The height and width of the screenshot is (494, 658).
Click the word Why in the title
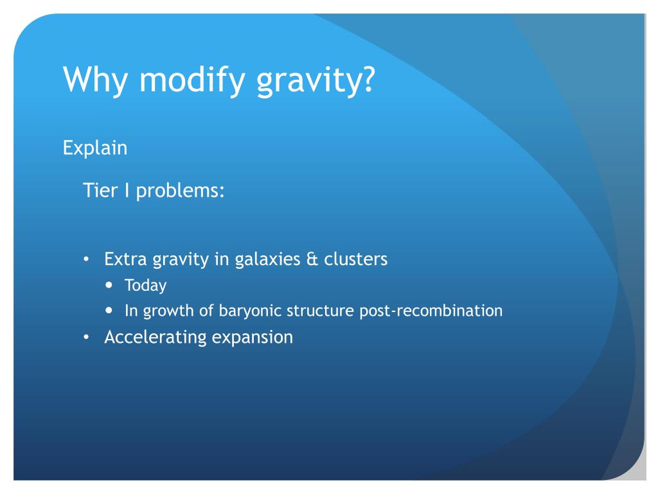95,79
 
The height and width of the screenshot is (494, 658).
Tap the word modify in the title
191,79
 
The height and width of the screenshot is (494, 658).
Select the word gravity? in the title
316,80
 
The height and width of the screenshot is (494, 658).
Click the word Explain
95,149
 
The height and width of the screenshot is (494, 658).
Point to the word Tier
100,190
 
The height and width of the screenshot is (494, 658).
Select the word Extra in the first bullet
125,259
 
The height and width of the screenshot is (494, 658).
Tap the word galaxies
268,260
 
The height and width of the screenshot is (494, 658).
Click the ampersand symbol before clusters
312,259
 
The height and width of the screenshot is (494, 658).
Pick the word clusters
356,259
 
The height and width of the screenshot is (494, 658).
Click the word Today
146,286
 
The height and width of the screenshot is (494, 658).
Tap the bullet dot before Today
109,285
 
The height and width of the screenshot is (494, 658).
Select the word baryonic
250,311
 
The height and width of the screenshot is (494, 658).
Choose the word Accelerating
156,338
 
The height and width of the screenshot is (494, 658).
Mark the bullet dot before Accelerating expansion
87,337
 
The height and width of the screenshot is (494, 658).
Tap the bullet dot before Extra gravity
87,259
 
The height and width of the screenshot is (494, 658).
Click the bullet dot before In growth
109,311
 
